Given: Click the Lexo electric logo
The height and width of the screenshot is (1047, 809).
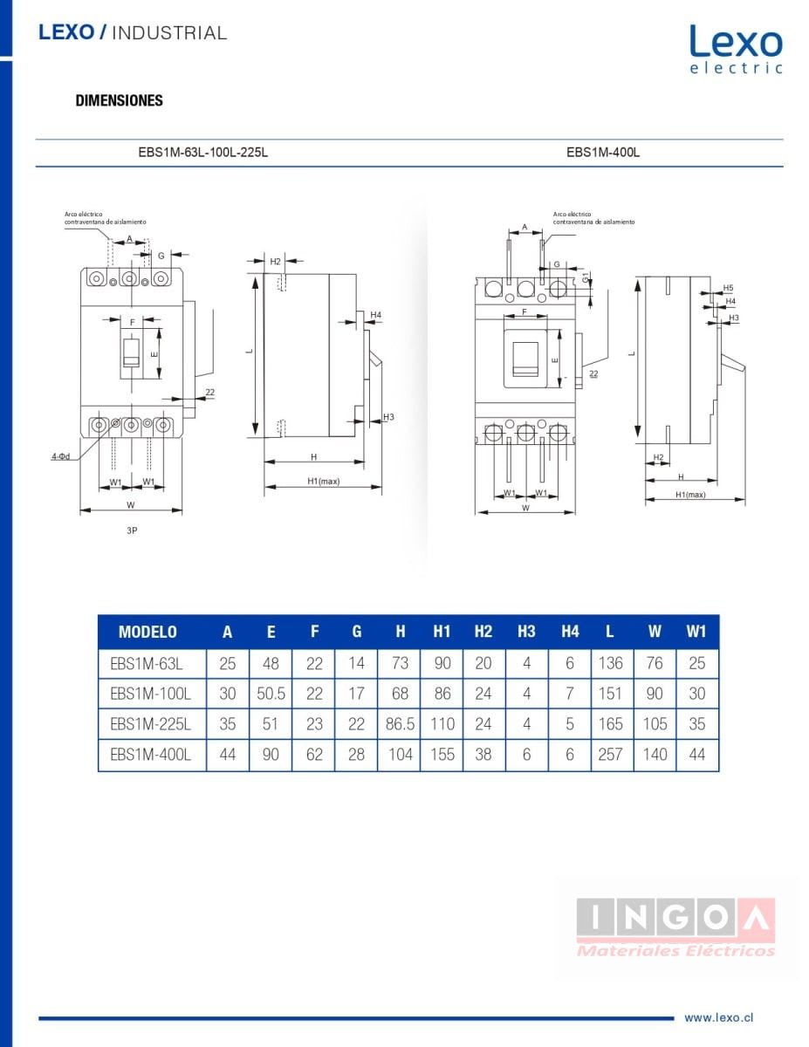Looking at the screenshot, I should pyautogui.click(x=736, y=49).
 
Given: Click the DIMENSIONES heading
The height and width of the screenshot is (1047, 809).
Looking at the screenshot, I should pyautogui.click(x=120, y=100).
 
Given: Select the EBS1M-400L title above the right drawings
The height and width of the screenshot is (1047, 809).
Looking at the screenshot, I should pyautogui.click(x=603, y=152).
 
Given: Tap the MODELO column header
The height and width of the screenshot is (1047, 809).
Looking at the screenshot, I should pyautogui.click(x=147, y=633).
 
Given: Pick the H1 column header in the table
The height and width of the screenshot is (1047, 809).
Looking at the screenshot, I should pyautogui.click(x=442, y=633).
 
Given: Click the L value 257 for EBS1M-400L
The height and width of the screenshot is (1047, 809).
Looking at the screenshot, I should pyautogui.click(x=610, y=755).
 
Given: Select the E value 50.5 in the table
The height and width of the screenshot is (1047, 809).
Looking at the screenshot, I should pyautogui.click(x=271, y=694).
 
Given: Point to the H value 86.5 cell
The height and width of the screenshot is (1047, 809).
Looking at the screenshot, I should pyautogui.click(x=400, y=724).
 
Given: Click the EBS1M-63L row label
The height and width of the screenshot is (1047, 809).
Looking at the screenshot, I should pyautogui.click(x=147, y=663).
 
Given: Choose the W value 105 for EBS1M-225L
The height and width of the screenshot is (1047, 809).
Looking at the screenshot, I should pyautogui.click(x=655, y=724).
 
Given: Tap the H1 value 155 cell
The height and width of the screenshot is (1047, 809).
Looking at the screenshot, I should pyautogui.click(x=442, y=755).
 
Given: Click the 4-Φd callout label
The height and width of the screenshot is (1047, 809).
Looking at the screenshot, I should pyautogui.click(x=59, y=456).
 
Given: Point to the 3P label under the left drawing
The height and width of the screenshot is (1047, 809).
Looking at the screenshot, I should pyautogui.click(x=132, y=530).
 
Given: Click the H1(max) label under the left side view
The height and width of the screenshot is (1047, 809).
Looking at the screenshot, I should pyautogui.click(x=323, y=482).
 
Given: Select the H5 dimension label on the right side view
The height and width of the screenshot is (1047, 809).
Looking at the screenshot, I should pyautogui.click(x=728, y=288).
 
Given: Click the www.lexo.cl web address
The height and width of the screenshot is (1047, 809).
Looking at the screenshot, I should pyautogui.click(x=718, y=1017).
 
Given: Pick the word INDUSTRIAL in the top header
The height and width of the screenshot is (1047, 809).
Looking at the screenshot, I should pyautogui.click(x=170, y=33).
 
